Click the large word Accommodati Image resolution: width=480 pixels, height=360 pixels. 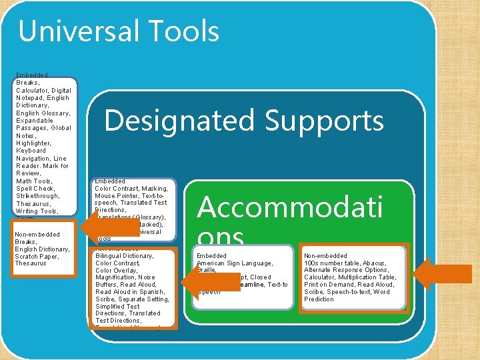pos(290,207)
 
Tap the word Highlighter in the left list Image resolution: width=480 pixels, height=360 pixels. pos(33,143)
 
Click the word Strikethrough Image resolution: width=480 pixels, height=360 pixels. pos(38,196)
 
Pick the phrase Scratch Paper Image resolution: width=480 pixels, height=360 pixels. pos(37,256)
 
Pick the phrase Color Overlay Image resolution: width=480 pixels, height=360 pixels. pos(117,270)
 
